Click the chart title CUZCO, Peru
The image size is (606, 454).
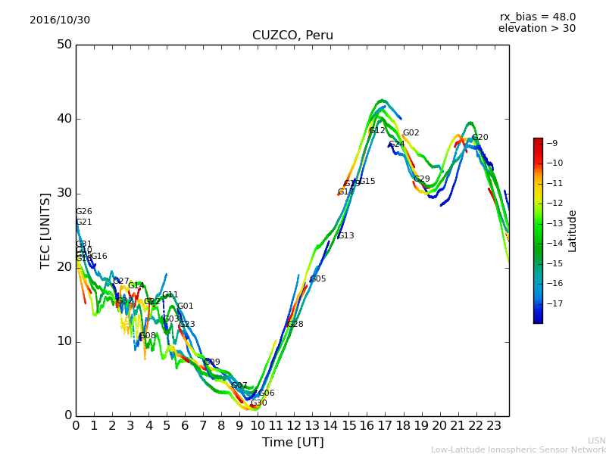pyautogui.click(x=292, y=36)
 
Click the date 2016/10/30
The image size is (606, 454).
pyautogui.click(x=60, y=20)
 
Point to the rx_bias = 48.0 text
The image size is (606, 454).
pyautogui.click(x=537, y=17)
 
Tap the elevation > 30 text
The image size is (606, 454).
pyautogui.click(x=537, y=29)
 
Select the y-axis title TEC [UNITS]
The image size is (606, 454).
pyautogui.click(x=45, y=230)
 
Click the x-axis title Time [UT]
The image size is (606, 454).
pyautogui.click(x=292, y=442)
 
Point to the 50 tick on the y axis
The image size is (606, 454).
pyautogui.click(x=64, y=45)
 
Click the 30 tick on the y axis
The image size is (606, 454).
pyautogui.click(x=64, y=193)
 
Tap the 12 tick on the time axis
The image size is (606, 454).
pyautogui.click(x=294, y=426)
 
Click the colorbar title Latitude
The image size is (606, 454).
pyautogui.click(x=573, y=231)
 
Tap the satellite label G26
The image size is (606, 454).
pyautogui.click(x=84, y=212)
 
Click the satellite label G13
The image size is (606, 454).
pyautogui.click(x=346, y=236)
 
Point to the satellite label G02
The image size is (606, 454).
pyautogui.click(x=411, y=133)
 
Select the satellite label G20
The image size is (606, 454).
pyautogui.click(x=480, y=138)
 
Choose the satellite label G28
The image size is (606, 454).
pyautogui.click(x=295, y=325)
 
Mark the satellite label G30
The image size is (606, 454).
pyautogui.click(x=259, y=404)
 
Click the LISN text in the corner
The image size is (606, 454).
pyautogui.click(x=597, y=440)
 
